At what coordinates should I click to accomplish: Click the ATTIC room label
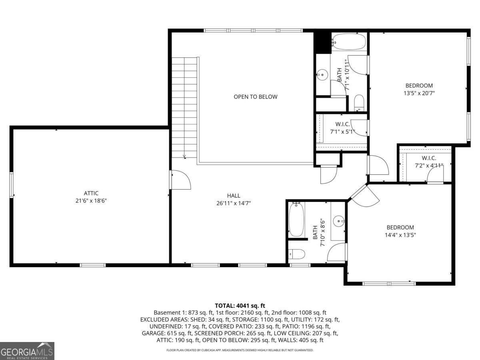coord(91,193)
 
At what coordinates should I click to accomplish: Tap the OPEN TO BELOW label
coord(255,97)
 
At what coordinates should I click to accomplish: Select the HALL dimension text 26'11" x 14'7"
coord(234,203)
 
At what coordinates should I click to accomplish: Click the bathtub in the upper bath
coord(349,41)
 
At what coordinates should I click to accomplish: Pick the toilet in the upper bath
coord(359,103)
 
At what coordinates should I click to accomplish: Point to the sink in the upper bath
coord(322,75)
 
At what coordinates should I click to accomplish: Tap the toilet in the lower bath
coord(297,254)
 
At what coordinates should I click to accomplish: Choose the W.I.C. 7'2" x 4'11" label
coord(429,161)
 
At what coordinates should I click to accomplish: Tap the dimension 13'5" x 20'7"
coord(419,93)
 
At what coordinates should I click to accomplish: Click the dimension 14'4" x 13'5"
coord(400,235)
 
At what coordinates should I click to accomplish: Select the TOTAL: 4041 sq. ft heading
coord(240,305)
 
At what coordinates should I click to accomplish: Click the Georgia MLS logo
coord(27,351)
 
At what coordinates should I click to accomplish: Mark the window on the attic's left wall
coord(12,184)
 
